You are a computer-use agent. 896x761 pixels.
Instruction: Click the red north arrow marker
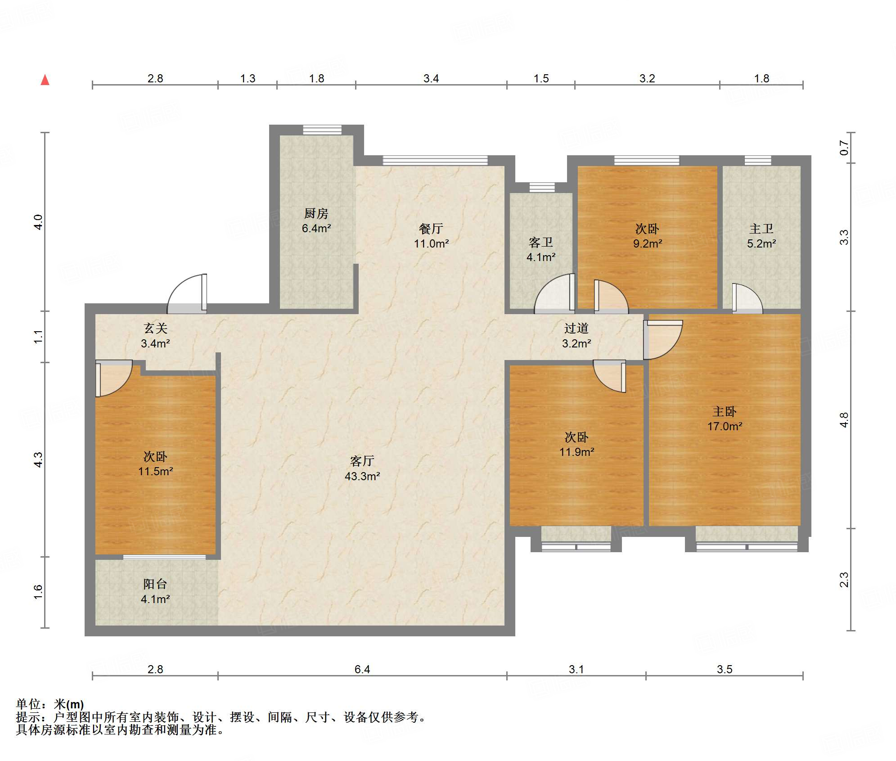click(45, 80)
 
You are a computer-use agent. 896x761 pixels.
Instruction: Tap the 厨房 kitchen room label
click(316, 221)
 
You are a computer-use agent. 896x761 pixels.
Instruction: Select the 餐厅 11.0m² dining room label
click(431, 236)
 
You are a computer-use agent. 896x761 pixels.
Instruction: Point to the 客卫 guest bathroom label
click(541, 250)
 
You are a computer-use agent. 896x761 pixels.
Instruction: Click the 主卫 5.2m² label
click(761, 236)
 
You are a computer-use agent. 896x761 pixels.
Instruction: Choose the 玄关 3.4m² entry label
click(155, 336)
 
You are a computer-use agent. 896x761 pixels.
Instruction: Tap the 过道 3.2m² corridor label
click(576, 336)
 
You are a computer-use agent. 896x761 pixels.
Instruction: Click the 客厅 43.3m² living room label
click(362, 468)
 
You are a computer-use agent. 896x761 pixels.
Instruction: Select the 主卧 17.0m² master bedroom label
click(725, 419)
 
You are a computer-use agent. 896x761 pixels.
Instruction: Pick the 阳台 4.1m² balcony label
click(155, 591)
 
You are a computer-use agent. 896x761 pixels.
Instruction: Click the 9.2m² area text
click(648, 243)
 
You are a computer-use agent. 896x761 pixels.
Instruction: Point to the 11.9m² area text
click(576, 452)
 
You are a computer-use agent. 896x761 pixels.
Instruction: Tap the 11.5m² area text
click(155, 471)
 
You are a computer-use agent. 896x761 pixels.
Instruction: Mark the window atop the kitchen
click(322, 130)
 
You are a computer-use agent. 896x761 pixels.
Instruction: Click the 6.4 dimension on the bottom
click(362, 669)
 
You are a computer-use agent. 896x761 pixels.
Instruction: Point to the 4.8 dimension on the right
click(844, 420)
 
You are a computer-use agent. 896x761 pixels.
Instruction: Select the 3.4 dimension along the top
click(431, 78)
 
